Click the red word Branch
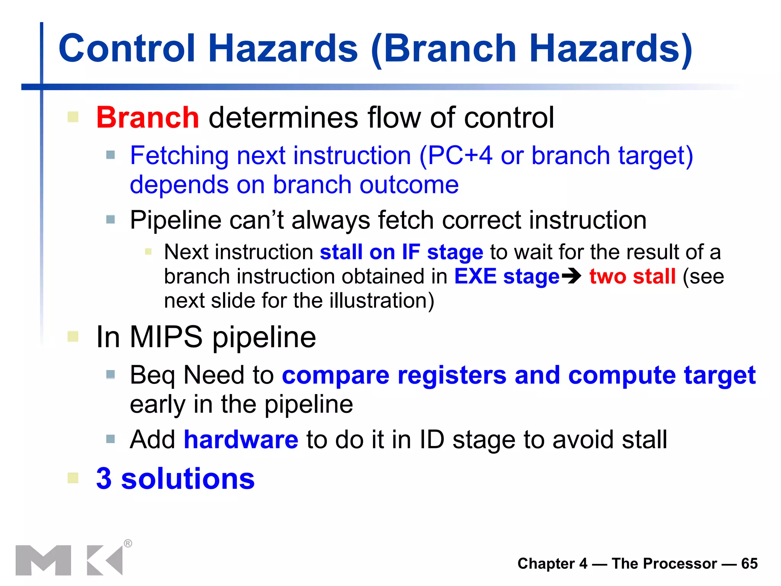click(x=147, y=118)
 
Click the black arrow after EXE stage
click(x=571, y=276)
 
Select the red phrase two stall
click(x=632, y=276)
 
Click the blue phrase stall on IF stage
click(x=401, y=252)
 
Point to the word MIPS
click(x=166, y=337)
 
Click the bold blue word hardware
click(x=241, y=439)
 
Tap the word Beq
click(x=153, y=375)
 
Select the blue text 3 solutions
click(x=175, y=478)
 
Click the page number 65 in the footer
click(x=749, y=563)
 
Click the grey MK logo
click(x=69, y=560)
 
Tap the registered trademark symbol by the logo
click(x=128, y=543)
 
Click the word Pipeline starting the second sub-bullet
click(x=175, y=221)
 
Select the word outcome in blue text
click(x=409, y=185)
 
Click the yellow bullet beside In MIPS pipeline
click(x=73, y=336)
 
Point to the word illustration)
click(x=382, y=301)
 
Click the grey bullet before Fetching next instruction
click(x=111, y=155)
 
